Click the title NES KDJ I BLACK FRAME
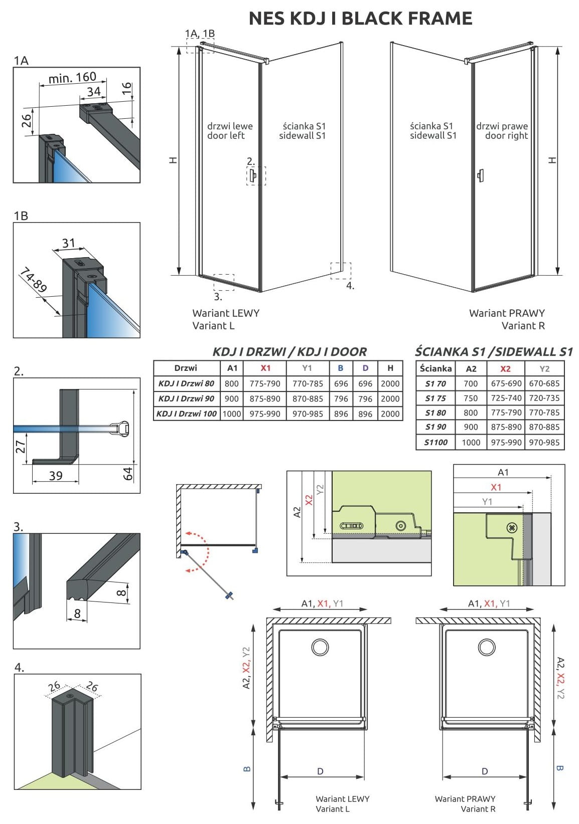click(x=360, y=19)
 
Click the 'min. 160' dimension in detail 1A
click(x=72, y=78)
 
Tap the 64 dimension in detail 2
click(x=128, y=473)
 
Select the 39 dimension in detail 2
click(x=56, y=475)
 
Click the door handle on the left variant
click(x=252, y=175)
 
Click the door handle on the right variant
click(x=481, y=175)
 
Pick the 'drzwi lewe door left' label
click(x=229, y=131)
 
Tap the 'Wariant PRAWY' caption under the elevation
click(x=507, y=313)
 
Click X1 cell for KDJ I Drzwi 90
click(x=265, y=399)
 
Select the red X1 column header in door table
click(x=265, y=368)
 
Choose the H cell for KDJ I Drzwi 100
click(x=390, y=414)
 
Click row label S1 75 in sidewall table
click(x=436, y=398)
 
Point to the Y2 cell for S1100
click(x=544, y=443)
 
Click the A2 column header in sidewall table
click(x=471, y=369)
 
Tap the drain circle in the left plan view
click(x=320, y=647)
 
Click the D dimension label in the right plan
click(x=485, y=771)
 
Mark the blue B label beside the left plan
click(x=247, y=768)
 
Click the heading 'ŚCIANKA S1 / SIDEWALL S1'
click(x=494, y=352)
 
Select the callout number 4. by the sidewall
click(x=350, y=286)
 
